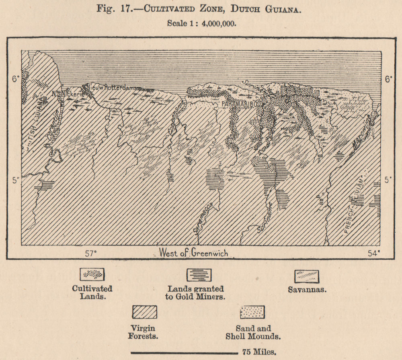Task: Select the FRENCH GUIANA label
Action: coord(355,203)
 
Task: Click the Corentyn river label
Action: coord(54,125)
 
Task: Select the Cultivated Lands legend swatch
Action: coord(92,274)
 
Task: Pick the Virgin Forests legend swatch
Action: coord(145,311)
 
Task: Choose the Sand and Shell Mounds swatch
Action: coord(252,311)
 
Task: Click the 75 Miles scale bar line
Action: coord(185,353)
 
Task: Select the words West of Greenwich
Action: coord(193,253)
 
